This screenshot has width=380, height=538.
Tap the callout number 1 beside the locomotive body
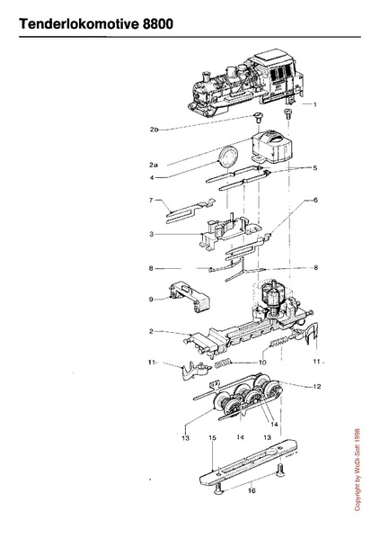(x=315, y=104)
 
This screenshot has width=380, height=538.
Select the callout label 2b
(x=155, y=130)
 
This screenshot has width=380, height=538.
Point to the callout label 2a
(x=154, y=165)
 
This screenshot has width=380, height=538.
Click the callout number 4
(x=152, y=178)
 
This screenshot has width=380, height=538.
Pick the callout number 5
(x=315, y=167)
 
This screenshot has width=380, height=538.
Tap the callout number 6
(x=315, y=200)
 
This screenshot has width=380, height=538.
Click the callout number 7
(x=151, y=200)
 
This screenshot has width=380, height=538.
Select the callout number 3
(x=151, y=234)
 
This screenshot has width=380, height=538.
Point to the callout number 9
(x=151, y=300)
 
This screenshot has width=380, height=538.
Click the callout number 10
(x=262, y=363)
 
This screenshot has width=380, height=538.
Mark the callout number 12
(x=317, y=387)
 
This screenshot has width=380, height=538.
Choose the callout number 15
(x=212, y=438)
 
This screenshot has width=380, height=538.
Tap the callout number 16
(x=252, y=490)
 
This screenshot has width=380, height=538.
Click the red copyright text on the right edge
(x=358, y=470)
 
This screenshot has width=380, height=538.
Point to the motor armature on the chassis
(x=272, y=295)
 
